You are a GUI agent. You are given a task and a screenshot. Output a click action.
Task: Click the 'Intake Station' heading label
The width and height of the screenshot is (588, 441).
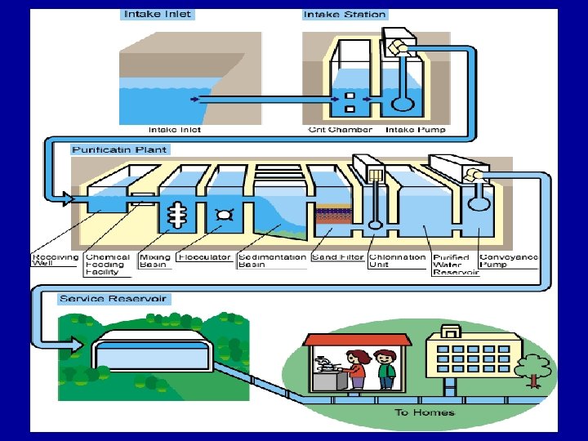[x=345, y=15]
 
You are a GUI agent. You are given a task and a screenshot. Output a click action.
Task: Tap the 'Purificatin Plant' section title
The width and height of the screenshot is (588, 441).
[x=120, y=149]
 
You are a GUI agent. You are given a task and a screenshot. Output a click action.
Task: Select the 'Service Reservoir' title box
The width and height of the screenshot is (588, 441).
[x=113, y=299]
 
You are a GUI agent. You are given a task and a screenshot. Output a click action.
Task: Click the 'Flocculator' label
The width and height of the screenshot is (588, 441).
[x=204, y=257]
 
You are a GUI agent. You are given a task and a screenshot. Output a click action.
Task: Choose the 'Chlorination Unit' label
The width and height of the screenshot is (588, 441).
[x=398, y=261]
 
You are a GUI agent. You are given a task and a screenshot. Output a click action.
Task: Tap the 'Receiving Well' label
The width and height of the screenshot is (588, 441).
[x=56, y=261]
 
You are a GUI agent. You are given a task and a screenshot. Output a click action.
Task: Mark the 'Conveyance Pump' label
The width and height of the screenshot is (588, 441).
[x=509, y=261]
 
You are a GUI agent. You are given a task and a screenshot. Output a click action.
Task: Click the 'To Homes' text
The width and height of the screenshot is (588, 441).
[x=425, y=412]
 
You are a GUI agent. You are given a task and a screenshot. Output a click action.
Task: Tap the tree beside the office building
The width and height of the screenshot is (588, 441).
[x=535, y=368]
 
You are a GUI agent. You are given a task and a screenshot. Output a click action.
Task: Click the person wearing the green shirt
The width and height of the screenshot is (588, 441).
[x=385, y=370]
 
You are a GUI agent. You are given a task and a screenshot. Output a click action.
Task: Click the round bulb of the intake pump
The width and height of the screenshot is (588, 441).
[x=403, y=104]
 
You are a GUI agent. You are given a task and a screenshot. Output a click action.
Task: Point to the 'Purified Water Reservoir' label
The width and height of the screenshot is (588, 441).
[x=452, y=265]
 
